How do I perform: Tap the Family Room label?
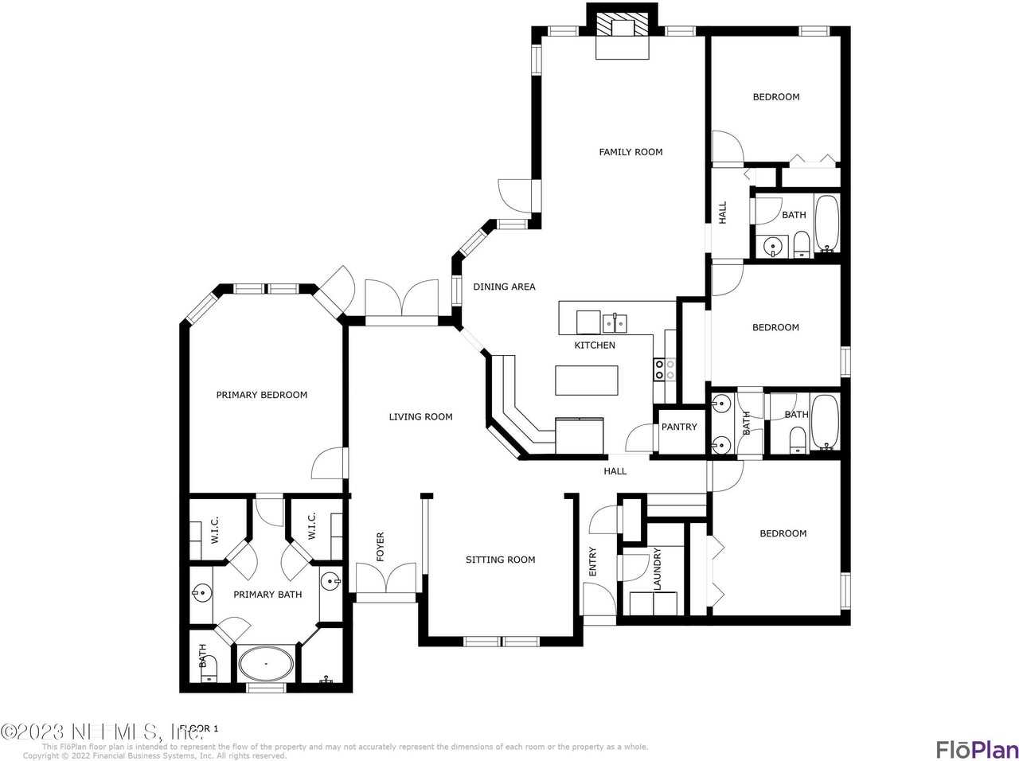pos(631,152)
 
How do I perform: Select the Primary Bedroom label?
pos(261,395)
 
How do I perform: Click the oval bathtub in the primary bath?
pos(266,662)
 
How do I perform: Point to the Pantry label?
pos(679,427)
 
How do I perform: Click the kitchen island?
pos(587,380)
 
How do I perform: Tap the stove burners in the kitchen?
pos(665,369)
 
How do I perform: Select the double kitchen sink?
pos(614,322)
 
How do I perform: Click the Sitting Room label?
pos(500,560)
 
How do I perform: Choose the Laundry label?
pos(657,569)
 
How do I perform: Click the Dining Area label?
pos(504,287)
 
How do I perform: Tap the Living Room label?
pos(420,416)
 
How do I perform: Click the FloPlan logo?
pos(976,749)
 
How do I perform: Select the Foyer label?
pos(380,547)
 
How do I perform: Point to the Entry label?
pos(592,562)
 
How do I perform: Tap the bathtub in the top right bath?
pos(827,224)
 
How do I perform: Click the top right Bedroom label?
pos(775,97)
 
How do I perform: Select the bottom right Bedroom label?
pos(783,533)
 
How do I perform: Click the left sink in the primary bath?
pos(202,592)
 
